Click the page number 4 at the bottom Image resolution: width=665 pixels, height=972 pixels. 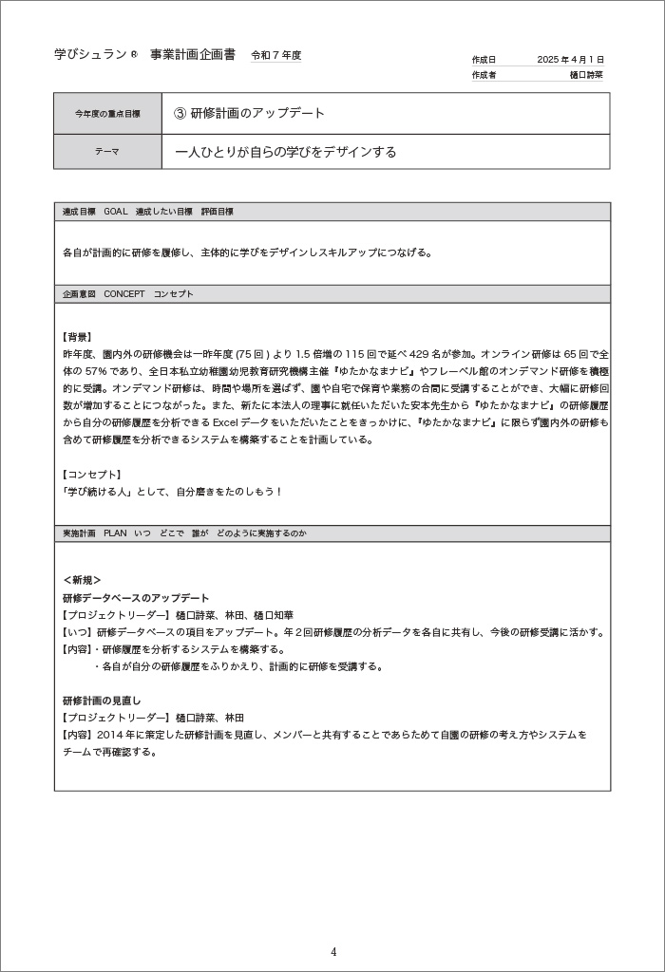(333, 952)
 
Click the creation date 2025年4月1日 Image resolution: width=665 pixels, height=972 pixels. (570, 59)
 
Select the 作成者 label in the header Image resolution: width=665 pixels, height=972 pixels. (484, 74)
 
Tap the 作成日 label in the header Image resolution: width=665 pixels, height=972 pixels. (484, 59)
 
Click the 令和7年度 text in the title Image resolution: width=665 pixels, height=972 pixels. (275, 56)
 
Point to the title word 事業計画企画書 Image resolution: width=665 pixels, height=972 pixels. (193, 55)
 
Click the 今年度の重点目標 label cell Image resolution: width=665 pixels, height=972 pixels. (107, 114)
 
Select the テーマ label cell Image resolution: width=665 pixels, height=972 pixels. (107, 152)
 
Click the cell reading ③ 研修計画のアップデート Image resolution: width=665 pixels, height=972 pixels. (250, 114)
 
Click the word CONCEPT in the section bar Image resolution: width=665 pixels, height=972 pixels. (124, 294)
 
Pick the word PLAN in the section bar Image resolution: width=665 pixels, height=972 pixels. (116, 534)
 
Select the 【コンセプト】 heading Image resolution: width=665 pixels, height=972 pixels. (90, 475)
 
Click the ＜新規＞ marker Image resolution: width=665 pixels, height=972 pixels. (82, 580)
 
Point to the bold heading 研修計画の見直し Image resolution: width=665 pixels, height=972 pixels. (102, 701)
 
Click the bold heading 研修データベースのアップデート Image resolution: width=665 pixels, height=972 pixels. (136, 598)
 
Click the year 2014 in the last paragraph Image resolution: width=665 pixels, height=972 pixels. (109, 735)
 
